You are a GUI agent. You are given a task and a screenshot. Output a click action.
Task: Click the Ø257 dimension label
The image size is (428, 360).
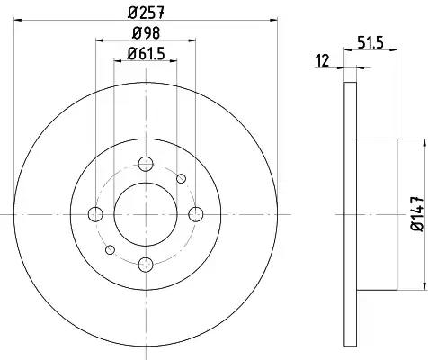147,13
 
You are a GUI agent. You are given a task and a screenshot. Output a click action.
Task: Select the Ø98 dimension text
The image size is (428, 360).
146,33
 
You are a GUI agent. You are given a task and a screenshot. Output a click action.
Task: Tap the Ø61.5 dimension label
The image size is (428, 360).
146,54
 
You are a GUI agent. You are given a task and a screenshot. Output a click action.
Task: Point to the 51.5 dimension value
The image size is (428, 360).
370,43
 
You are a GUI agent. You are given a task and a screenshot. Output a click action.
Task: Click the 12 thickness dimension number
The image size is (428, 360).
323,61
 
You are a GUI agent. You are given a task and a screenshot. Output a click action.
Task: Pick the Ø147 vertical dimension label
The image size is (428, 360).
416,213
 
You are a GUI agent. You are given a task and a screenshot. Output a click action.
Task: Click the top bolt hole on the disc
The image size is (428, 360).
146,164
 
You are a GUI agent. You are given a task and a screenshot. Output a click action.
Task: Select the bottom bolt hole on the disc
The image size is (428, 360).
146,265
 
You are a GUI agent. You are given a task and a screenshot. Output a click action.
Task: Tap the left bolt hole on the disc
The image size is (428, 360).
95,214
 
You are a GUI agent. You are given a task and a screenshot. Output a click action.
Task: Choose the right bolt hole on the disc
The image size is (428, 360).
196,214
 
